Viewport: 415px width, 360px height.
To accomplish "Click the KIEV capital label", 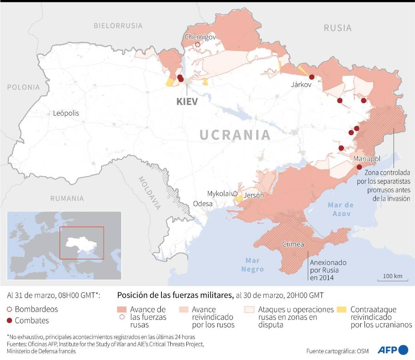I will [x=187, y=101].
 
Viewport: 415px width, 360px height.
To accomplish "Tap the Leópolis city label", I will [x=66, y=113].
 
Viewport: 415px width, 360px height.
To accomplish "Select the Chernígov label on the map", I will [x=200, y=37].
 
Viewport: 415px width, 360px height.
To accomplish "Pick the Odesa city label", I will [x=203, y=203].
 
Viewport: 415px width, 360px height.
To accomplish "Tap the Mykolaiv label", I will [x=220, y=194].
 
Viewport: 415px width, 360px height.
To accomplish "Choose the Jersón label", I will [x=253, y=196].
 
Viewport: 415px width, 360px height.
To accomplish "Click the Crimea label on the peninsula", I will [x=293, y=244].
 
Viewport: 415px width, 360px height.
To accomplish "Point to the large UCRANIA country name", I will [x=235, y=135].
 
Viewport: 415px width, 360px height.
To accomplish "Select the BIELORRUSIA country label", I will [x=118, y=26].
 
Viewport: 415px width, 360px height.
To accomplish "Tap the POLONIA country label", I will [x=23, y=87].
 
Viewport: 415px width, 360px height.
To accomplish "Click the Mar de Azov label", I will [x=341, y=209].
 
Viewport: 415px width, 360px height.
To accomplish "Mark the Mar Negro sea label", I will [x=252, y=264].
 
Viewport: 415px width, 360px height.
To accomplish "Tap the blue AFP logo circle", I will [x=403, y=350].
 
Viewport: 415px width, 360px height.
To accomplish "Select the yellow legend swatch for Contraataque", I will [x=342, y=309].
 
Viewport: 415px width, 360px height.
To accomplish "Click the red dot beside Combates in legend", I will [x=10, y=320].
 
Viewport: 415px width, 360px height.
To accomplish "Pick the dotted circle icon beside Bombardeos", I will [x=10, y=309].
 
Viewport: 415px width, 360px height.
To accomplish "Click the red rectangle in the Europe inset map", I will [x=82, y=243].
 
